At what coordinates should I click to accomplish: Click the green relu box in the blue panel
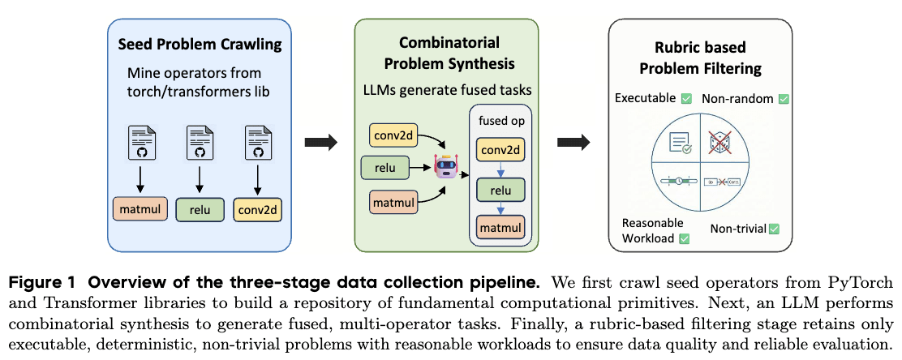(x=199, y=211)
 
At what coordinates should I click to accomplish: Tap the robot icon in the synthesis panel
(x=446, y=166)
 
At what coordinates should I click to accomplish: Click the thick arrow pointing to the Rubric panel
(x=573, y=143)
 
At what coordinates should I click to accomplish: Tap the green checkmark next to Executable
(x=686, y=99)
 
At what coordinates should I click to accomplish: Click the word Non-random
(x=737, y=99)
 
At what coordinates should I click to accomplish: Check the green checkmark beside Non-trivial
(x=773, y=229)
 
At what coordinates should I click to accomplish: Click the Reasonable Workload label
(x=652, y=230)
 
